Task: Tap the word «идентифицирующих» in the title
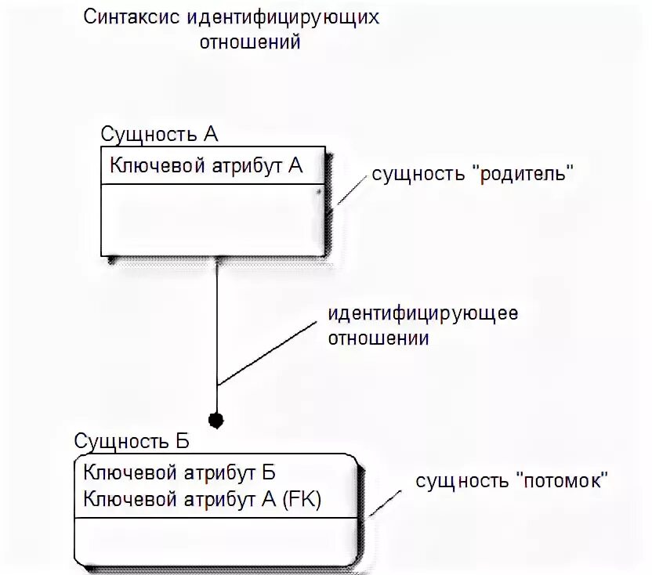point(284,17)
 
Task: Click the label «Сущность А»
point(159,134)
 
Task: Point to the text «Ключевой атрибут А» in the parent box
point(206,165)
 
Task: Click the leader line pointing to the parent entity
point(352,190)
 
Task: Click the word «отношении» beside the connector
point(379,339)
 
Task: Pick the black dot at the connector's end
point(216,420)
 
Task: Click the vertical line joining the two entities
point(216,329)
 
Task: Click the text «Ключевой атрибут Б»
point(179,472)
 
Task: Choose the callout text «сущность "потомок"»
point(512,481)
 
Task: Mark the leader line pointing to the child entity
point(386,498)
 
